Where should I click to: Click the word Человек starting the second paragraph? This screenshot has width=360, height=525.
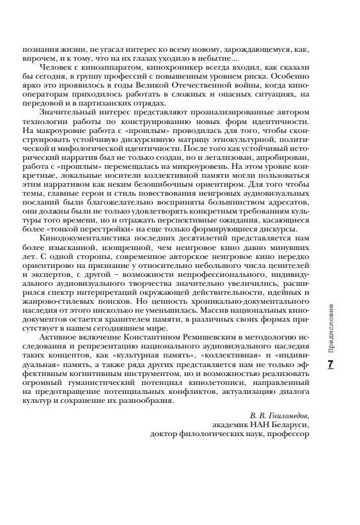pyautogui.click(x=56, y=66)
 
